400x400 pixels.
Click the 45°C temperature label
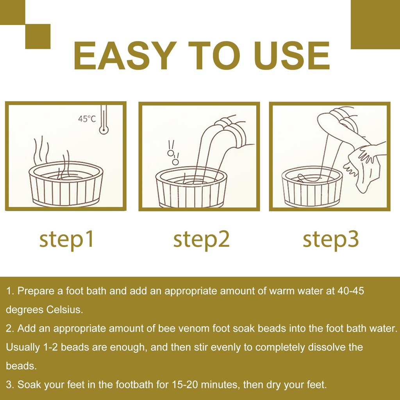click(x=87, y=119)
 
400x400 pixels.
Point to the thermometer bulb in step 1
click(x=104, y=130)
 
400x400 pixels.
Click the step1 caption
click(x=66, y=240)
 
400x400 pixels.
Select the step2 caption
click(x=201, y=240)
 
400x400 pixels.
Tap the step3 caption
click(x=330, y=240)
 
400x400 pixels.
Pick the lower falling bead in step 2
click(x=175, y=162)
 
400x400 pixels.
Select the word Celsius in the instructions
click(x=64, y=309)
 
